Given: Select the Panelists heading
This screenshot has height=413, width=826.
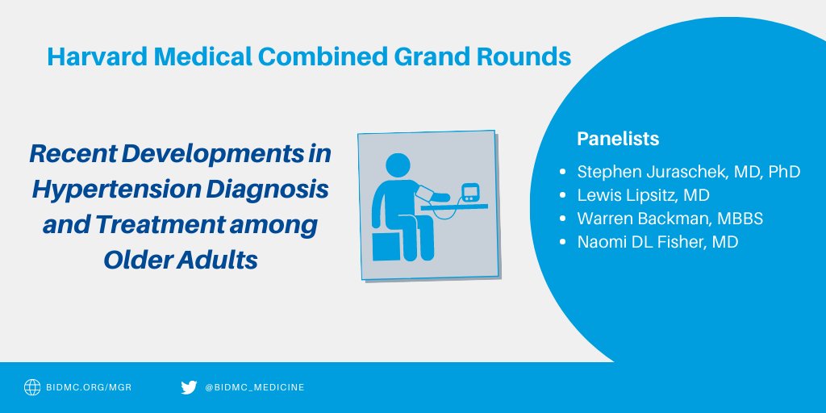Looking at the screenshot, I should coord(618,139).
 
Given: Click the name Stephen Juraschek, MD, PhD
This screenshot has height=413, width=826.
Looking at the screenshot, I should coord(688,172).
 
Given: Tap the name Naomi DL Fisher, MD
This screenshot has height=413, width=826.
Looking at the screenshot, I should coord(657,242).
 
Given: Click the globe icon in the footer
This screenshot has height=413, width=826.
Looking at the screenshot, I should coord(32,388).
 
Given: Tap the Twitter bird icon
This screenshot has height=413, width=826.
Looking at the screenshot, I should coord(189,388).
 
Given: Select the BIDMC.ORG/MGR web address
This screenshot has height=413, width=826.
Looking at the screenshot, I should coord(89,388).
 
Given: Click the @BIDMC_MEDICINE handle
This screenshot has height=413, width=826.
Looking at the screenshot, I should coord(255,388).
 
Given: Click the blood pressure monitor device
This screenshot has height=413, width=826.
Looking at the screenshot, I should coord(470,194).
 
